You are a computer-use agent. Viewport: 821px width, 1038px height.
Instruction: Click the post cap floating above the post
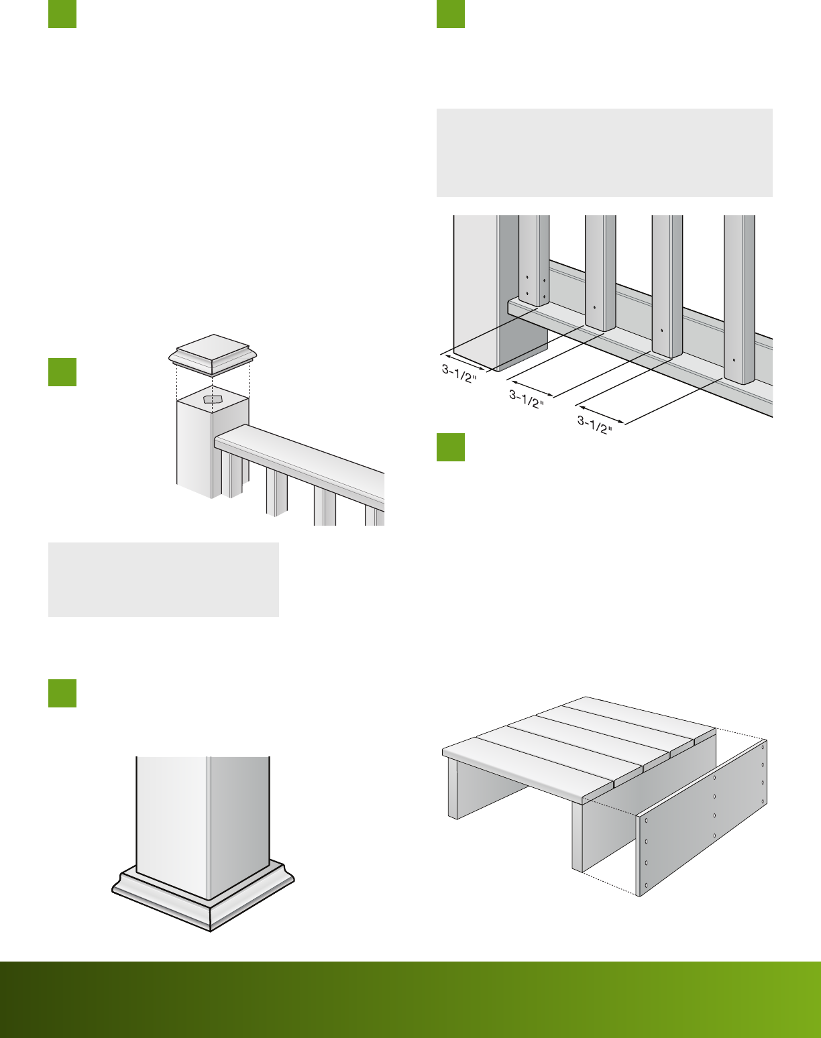pos(213,355)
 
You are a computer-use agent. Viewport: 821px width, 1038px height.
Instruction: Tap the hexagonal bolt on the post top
pos(213,400)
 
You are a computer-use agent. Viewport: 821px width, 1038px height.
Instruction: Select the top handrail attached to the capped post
pos(299,463)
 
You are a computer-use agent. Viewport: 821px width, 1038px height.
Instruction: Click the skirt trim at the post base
pos(203,897)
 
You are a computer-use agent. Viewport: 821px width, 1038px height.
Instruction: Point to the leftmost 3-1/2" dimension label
pos(459,373)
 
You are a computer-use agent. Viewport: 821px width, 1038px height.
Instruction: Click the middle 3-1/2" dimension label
pos(527,400)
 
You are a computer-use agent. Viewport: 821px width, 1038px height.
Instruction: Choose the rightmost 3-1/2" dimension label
pos(595,425)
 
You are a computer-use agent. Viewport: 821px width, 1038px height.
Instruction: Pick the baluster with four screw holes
pos(534,260)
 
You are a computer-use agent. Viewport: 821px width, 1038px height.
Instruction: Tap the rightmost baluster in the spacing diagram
pos(739,300)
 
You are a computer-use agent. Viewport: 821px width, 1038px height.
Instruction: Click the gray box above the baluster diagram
pos(604,152)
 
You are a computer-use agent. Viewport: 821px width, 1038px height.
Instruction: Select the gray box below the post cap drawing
pos(164,579)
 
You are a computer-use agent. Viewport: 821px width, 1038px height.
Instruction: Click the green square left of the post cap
pos(62,372)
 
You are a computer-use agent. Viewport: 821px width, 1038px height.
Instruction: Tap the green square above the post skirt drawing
pos(62,693)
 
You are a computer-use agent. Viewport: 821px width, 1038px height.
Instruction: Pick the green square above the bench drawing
pos(450,447)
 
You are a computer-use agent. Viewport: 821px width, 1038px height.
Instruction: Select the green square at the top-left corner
pos(62,14)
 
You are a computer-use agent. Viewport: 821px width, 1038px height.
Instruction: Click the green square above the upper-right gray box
pos(450,14)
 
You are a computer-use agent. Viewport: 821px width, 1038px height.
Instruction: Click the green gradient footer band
pos(410,999)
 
